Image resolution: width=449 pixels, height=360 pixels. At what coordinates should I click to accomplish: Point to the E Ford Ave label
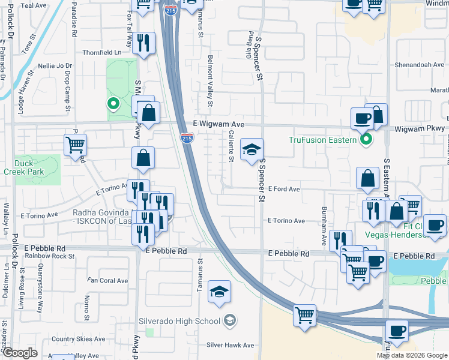pyautogui.click(x=284, y=189)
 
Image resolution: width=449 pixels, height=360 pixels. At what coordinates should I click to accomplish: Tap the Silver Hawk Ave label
pyautogui.click(x=231, y=345)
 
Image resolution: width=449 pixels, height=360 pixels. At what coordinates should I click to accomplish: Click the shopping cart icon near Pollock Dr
pyautogui.click(x=76, y=144)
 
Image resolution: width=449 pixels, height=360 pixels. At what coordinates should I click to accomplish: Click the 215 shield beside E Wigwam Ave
pyautogui.click(x=186, y=139)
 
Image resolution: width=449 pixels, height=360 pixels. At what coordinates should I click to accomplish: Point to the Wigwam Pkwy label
pyautogui.click(x=420, y=129)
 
